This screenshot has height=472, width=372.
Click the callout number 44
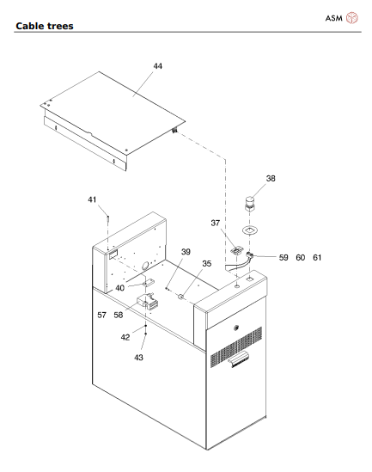(158, 66)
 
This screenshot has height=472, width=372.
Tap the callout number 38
(271, 179)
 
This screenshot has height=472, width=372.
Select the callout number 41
(92, 199)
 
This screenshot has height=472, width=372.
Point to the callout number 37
(216, 223)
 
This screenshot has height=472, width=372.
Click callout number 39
(186, 252)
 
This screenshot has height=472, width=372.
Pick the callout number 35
(206, 264)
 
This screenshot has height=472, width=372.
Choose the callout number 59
(284, 258)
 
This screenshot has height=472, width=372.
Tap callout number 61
(317, 258)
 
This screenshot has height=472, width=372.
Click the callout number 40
(119, 288)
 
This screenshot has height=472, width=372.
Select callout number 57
(101, 315)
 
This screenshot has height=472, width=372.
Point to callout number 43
(138, 358)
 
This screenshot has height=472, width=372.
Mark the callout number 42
(125, 337)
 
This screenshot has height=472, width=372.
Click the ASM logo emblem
(352, 18)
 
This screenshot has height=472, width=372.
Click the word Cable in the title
(29, 26)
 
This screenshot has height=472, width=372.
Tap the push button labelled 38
(249, 203)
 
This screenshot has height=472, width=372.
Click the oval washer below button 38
(250, 230)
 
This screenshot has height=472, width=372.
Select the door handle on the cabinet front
(238, 359)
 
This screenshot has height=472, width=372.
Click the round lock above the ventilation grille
(236, 328)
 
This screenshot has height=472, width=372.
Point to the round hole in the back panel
(145, 265)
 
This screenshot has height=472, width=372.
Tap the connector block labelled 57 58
(148, 301)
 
